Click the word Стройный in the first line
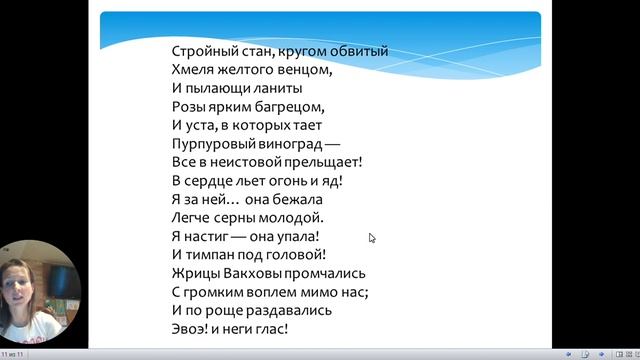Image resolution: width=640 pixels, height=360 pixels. [201, 52]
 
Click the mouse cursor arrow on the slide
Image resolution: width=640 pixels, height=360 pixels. [371, 237]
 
